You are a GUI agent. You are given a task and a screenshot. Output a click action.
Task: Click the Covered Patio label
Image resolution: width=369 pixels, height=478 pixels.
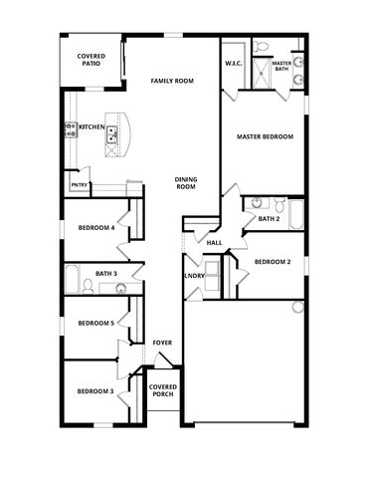91,60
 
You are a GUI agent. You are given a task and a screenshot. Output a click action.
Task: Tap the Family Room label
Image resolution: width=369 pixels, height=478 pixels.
172,81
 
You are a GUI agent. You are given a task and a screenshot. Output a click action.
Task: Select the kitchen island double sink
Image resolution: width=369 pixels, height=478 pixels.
111,135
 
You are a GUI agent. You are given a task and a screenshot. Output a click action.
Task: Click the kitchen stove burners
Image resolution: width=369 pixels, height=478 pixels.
71,129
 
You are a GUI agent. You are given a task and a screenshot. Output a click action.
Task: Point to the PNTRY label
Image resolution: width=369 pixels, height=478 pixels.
79,185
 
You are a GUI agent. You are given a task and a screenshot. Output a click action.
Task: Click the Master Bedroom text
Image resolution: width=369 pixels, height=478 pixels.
265,136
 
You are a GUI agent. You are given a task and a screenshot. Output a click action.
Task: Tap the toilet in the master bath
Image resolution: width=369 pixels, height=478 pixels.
262,46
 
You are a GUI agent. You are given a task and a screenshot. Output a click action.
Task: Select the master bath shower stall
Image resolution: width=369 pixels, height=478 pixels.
262,74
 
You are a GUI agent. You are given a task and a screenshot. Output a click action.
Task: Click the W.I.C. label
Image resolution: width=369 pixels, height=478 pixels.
234,64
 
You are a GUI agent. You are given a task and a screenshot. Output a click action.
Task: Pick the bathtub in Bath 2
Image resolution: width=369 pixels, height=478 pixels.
296,215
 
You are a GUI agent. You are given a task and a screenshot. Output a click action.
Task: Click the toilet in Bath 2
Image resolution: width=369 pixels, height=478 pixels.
280,205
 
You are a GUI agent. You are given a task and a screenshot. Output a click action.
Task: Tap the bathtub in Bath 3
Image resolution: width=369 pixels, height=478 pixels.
72,279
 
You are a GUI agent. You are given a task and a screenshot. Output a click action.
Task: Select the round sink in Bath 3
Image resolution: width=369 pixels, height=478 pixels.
121,289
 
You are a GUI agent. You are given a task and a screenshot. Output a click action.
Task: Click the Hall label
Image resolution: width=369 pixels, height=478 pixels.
214,243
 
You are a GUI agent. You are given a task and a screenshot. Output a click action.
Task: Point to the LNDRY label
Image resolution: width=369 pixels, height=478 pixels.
194,276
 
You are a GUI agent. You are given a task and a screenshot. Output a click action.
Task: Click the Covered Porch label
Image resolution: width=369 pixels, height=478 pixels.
163,390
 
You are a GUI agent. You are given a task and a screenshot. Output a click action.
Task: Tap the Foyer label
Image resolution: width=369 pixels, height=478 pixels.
162,343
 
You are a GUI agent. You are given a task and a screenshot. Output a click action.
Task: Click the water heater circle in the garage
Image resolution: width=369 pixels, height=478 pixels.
298,307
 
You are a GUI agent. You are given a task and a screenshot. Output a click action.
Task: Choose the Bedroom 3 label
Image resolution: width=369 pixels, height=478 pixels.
95,391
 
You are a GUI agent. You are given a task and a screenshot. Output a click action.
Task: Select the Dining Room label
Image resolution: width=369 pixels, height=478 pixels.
186,183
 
